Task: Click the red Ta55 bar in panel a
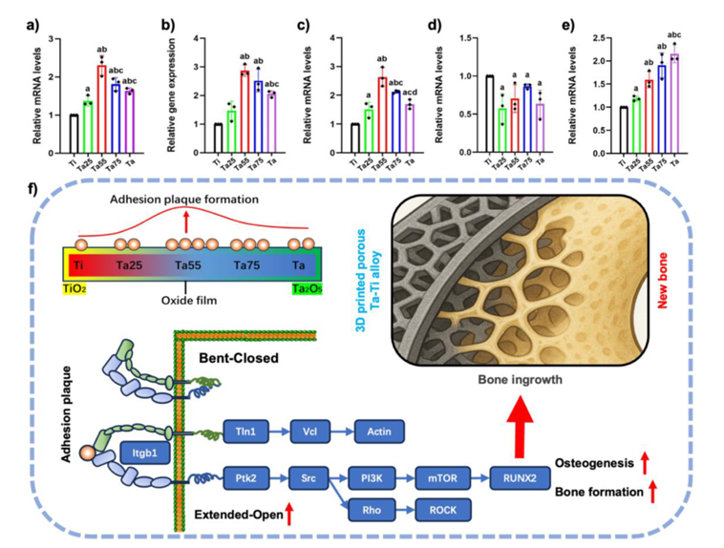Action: click(101, 95)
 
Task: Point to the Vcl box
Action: click(311, 431)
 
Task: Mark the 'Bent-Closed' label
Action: click(238, 357)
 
